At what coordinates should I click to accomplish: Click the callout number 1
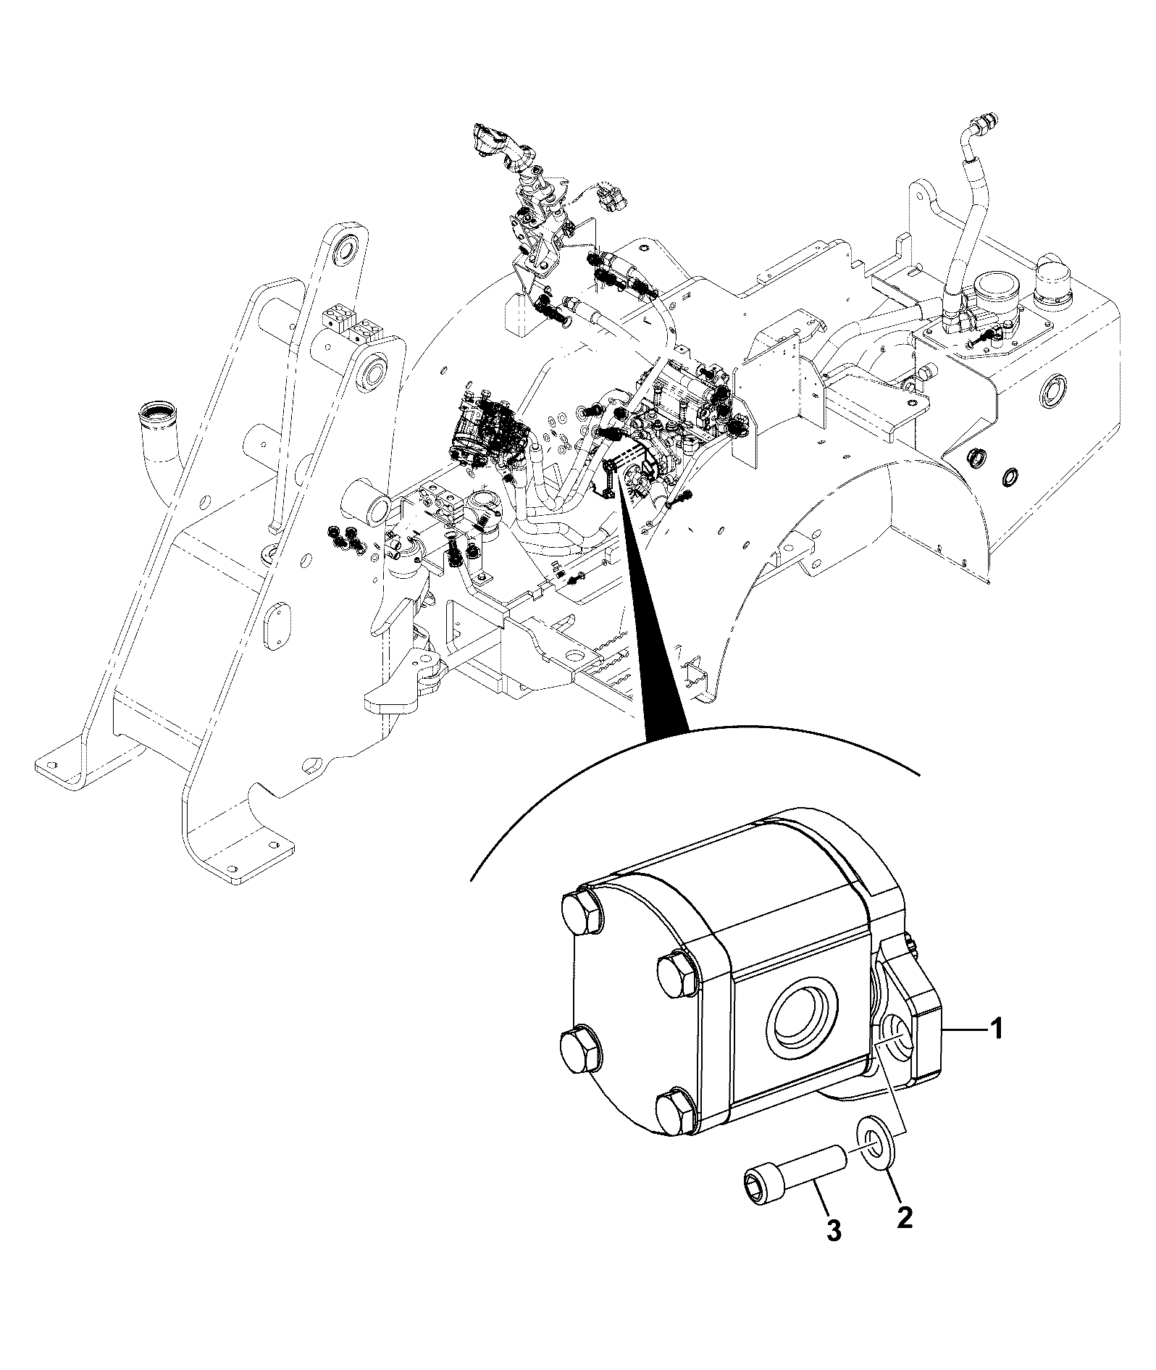(x=997, y=1028)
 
